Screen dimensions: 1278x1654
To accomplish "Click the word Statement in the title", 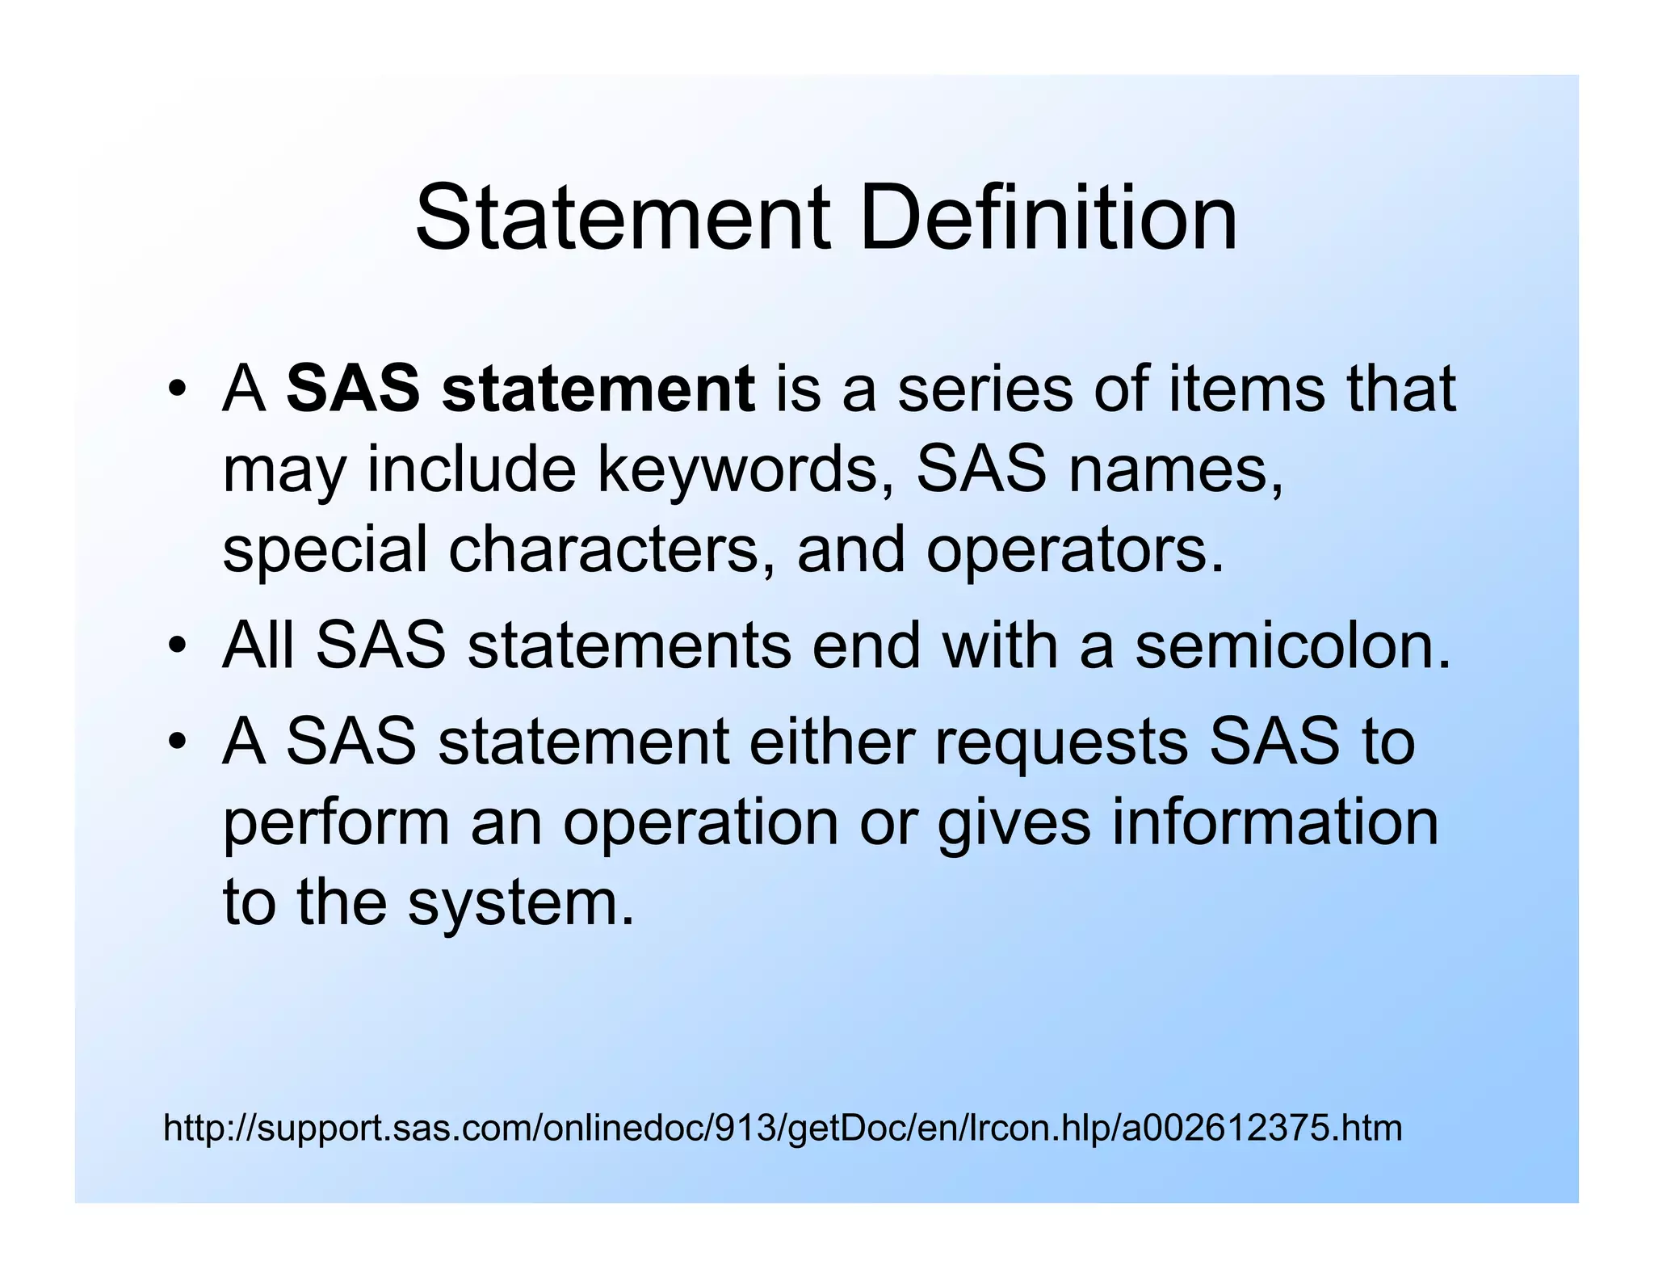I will [622, 218].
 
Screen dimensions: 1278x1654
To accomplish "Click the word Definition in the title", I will [1047, 218].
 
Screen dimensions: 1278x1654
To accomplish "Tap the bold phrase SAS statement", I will [521, 389].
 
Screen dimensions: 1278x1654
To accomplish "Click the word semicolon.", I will [1292, 646].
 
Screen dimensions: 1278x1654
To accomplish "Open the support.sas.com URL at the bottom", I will [782, 1128].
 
